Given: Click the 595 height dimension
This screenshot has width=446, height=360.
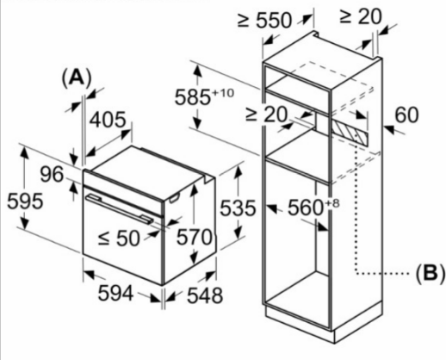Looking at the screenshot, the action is pos(25,201).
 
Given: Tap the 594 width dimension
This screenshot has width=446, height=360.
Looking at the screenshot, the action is pos(115,293).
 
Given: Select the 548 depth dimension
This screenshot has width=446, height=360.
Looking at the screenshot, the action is pos(205,295).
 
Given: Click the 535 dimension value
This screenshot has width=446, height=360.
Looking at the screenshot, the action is pos(238,208).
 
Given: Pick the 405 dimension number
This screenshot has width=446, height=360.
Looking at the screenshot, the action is pos(108,120).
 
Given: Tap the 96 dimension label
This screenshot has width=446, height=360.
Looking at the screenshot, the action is pos(52,174).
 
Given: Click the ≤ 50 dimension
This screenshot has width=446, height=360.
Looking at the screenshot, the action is pos(119,238).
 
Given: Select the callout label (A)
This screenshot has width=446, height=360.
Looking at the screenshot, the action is pos(77,77).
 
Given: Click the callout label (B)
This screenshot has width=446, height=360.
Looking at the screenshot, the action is pos(431,273).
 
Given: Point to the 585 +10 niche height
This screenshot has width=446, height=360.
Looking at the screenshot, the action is pos(204,96).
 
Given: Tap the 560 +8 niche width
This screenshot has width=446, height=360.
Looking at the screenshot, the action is pos(313,207).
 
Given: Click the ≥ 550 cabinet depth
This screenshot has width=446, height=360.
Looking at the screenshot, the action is pos(264,20).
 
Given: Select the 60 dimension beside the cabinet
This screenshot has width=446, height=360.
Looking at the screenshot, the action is pos(406,115).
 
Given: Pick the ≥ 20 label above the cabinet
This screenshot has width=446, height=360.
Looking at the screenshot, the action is pos(361,16).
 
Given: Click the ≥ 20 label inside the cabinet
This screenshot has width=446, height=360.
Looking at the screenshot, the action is pos(266,115).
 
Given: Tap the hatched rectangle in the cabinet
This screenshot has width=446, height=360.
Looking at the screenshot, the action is pos(350,134).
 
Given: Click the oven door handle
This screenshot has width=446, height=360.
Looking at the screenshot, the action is pos(120,208).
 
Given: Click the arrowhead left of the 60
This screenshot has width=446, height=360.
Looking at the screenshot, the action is pos(389,129).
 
